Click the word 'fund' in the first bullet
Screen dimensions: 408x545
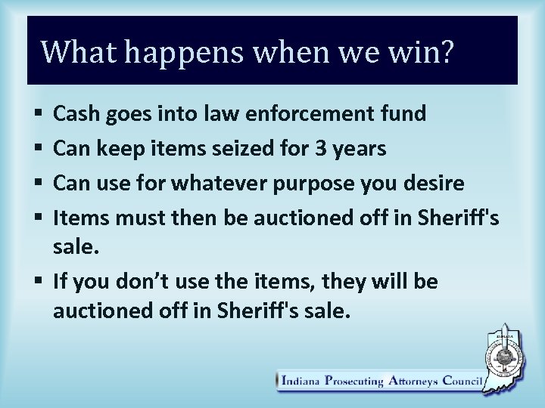tap(406, 114)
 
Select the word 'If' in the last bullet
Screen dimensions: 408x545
tap(61, 283)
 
